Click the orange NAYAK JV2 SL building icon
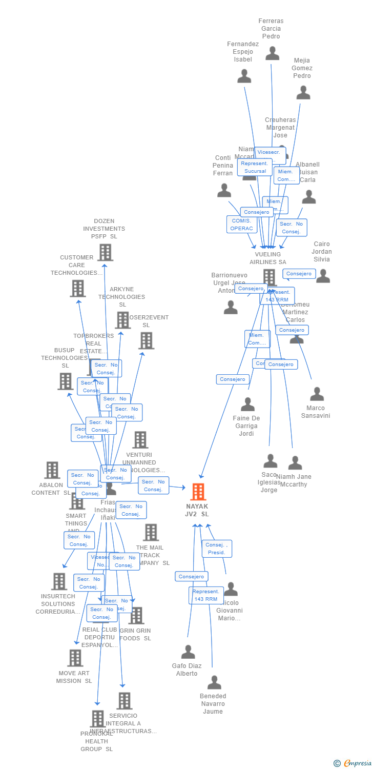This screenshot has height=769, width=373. pyautogui.click(x=198, y=492)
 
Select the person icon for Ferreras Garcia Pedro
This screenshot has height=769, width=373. pyautogui.click(x=272, y=53)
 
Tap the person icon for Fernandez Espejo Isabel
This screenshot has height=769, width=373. pyautogui.click(x=244, y=76)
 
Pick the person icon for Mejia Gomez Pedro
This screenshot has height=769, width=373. pyautogui.click(x=303, y=93)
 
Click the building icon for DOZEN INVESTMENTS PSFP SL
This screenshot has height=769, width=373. pyautogui.click(x=105, y=252)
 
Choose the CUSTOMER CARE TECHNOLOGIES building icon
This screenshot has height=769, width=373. pyautogui.click(x=78, y=288)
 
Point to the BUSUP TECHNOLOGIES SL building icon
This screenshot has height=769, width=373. pyautogui.click(x=65, y=381)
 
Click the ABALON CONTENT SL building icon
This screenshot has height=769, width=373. pyautogui.click(x=52, y=470)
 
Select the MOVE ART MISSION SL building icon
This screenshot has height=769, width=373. pyautogui.click(x=75, y=658)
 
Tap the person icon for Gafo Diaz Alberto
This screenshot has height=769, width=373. pyautogui.click(x=188, y=652)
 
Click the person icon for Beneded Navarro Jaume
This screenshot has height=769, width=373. pyautogui.click(x=214, y=682)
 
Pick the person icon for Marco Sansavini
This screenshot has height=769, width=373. pyautogui.click(x=317, y=394)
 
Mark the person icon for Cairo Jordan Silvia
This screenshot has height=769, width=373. pyautogui.click(x=323, y=276)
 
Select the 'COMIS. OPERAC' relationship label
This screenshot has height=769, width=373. pyautogui.click(x=241, y=225)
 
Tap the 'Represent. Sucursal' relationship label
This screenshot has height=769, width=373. pyautogui.click(x=255, y=167)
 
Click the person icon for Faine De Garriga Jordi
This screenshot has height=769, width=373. pyautogui.click(x=247, y=404)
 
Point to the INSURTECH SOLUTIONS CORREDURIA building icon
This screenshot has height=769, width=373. pyautogui.click(x=59, y=581)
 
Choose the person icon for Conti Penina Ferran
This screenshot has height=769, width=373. pyautogui.click(x=224, y=191)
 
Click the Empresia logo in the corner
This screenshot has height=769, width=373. pyautogui.click(x=354, y=763)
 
